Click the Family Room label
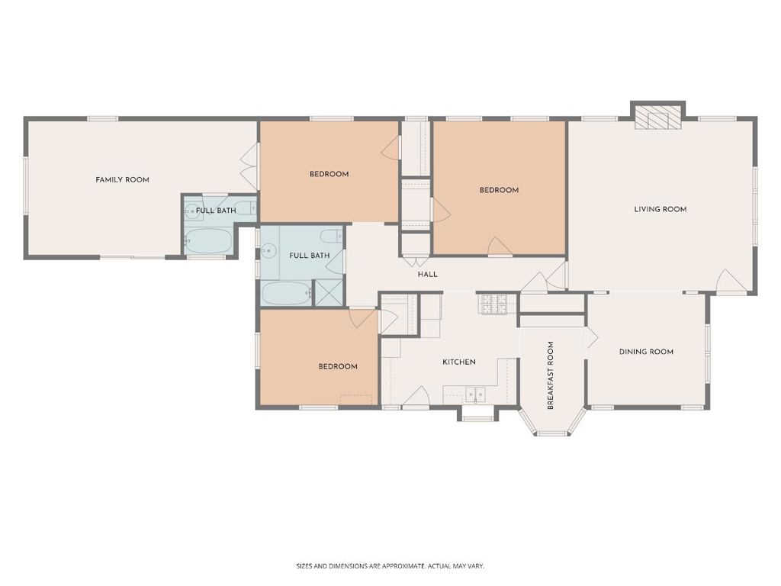click(123, 179)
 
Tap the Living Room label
click(660, 209)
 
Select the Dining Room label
click(646, 352)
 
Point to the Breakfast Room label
click(551, 375)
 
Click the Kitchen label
click(458, 362)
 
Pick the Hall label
click(427, 274)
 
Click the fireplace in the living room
click(657, 118)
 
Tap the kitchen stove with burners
click(493, 304)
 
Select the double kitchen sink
click(474, 394)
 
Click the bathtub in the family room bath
click(208, 240)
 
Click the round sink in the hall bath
click(269, 250)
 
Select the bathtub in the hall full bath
click(285, 294)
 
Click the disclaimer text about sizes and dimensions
click(390, 566)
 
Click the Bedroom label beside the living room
click(499, 190)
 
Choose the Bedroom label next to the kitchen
click(338, 367)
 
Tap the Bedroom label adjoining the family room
click(329, 174)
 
